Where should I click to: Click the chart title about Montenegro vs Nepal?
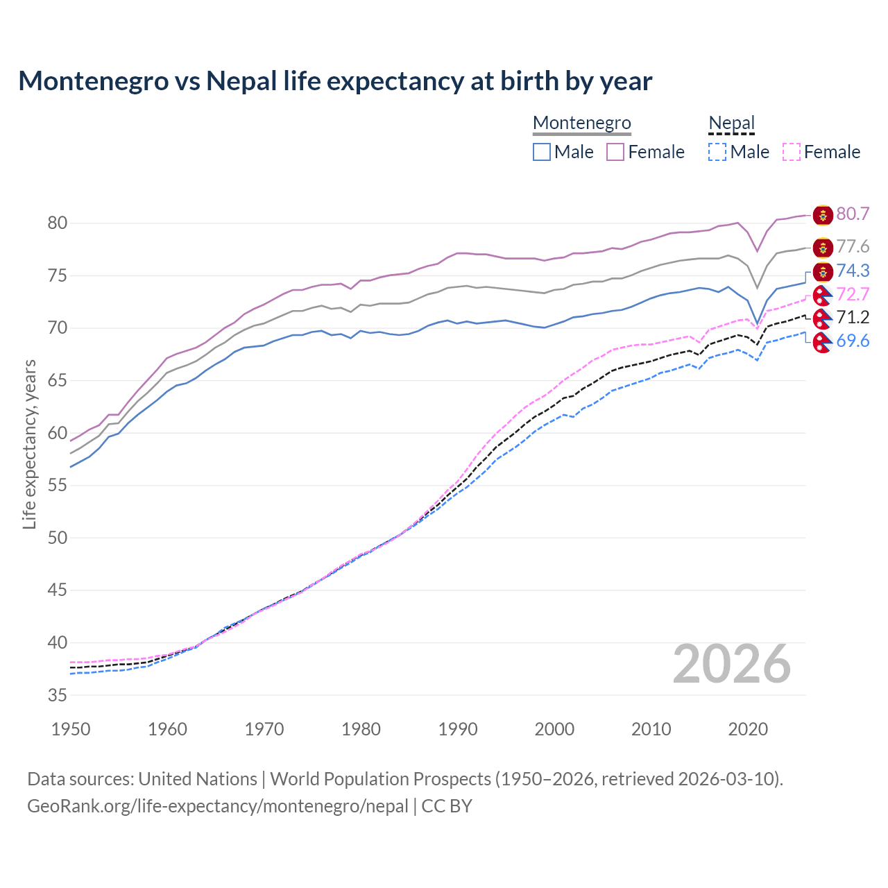coord(335,81)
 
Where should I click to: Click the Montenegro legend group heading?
coord(581,123)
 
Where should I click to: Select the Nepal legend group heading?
coord(731,123)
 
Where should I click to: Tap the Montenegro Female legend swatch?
coord(615,152)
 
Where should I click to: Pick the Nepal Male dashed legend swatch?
coord(717,152)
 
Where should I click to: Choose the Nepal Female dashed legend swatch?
coord(792,152)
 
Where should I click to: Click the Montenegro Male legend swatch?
coord(542,152)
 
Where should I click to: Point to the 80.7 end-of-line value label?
coord(853,214)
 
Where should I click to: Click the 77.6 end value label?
coord(853,247)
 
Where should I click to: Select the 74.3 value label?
coord(853,271)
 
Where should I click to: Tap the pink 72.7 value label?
coord(853,294)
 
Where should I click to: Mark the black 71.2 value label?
coord(853,317)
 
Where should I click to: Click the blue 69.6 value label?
coord(853,341)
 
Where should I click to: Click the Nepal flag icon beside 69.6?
coord(823,342)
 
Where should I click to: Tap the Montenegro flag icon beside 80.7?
coord(823,215)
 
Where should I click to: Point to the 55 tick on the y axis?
coord(58,485)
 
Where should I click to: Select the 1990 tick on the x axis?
coord(458,729)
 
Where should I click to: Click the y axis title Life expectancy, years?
coord(29,444)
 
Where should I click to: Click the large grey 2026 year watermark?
coord(731,664)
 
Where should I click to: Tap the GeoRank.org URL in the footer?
coord(218,806)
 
